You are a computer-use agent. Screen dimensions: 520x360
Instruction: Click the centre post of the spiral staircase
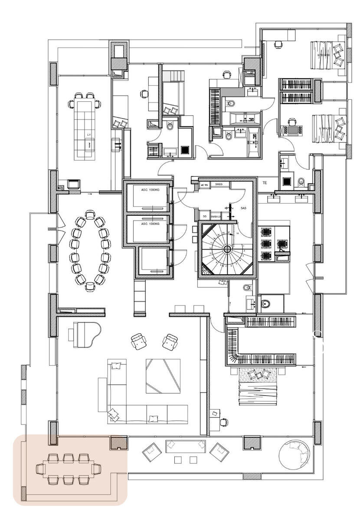pyautogui.click(x=227, y=249)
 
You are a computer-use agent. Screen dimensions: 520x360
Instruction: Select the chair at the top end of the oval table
pyautogui.click(x=90, y=214)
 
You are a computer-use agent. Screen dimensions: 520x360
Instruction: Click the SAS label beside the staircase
pyautogui.click(x=238, y=208)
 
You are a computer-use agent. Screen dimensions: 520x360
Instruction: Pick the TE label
pyautogui.click(x=265, y=184)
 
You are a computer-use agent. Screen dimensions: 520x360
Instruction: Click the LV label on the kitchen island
pyautogui.click(x=88, y=135)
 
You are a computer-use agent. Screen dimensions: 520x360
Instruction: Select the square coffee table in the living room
pyautogui.click(x=163, y=376)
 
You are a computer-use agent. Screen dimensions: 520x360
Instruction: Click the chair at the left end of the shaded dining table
pyautogui.click(x=40, y=468)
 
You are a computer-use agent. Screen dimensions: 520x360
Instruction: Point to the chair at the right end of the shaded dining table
pyautogui.click(x=96, y=468)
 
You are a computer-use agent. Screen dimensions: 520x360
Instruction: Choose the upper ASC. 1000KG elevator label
pyautogui.click(x=150, y=190)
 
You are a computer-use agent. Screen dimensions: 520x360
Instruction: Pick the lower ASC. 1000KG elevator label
pyautogui.click(x=150, y=224)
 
